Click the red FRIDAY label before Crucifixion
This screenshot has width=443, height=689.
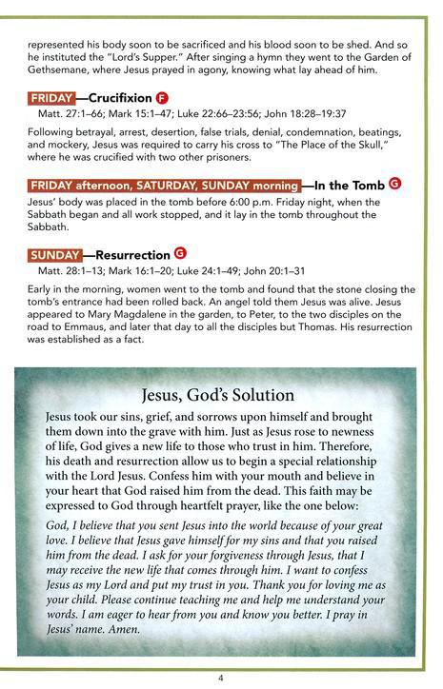(x=52, y=98)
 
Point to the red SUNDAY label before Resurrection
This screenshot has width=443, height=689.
(x=54, y=255)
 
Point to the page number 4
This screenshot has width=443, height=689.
(x=220, y=678)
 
